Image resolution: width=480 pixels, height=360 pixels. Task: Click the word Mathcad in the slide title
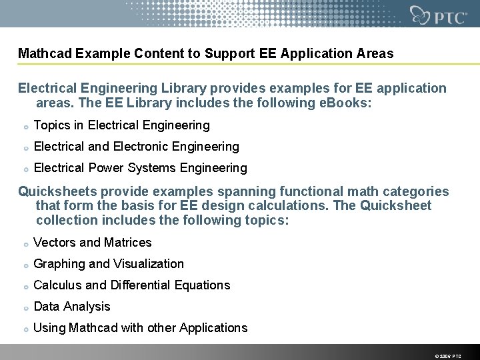tap(45, 53)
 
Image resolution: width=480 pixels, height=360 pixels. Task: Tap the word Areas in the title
tap(375, 53)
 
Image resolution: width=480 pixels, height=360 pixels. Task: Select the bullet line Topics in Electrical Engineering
tap(121, 125)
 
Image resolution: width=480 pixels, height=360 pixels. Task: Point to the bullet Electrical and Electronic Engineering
tap(136, 147)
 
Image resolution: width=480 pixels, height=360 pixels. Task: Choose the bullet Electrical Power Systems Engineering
tap(140, 168)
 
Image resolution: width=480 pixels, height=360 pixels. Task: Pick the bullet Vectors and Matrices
tap(93, 243)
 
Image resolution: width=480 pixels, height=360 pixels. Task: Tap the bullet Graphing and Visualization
tap(109, 264)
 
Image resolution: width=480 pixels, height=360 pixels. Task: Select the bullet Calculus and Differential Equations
tap(132, 285)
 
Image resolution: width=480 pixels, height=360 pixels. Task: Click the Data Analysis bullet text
tap(72, 307)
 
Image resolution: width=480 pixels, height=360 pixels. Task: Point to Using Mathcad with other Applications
tap(141, 328)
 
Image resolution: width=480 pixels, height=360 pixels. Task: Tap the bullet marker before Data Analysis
tap(24, 307)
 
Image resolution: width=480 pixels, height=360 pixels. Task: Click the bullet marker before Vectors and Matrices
tap(24, 243)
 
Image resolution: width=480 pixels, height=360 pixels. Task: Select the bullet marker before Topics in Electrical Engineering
tap(24, 126)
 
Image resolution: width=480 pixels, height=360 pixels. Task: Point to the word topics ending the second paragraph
tap(269, 221)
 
